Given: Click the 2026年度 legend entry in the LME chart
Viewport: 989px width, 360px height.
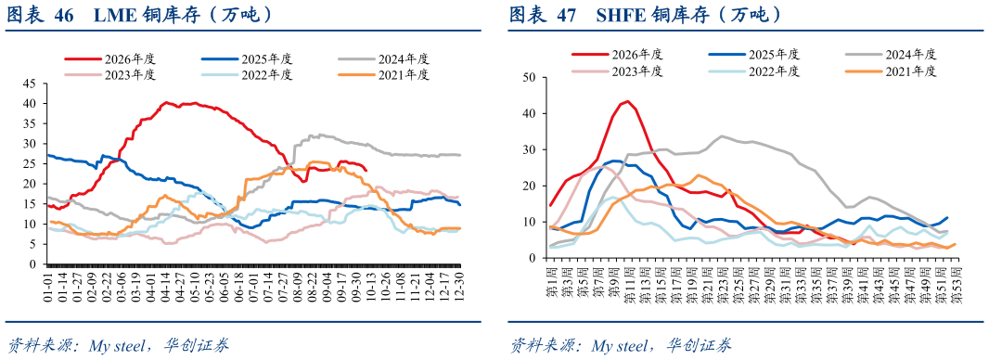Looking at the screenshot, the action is pyautogui.click(x=109, y=59).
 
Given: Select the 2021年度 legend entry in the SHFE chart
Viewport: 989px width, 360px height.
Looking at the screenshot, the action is pyautogui.click(x=892, y=71).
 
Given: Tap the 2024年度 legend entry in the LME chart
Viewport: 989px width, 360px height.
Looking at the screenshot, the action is pyautogui.click(x=384, y=59).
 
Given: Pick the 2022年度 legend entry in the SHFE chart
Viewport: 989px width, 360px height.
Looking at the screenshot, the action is pyautogui.click(x=754, y=71).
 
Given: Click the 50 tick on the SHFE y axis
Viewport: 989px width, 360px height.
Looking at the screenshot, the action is pyautogui.click(x=529, y=78).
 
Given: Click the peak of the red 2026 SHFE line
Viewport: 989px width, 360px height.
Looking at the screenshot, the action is pyautogui.click(x=627, y=101).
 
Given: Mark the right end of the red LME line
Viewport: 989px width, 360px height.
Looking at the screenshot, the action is pyautogui.click(x=367, y=170).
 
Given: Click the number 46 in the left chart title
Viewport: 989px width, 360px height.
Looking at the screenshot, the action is pyautogui.click(x=64, y=15).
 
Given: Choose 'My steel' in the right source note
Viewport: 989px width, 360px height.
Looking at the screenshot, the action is pyautogui.click(x=622, y=345).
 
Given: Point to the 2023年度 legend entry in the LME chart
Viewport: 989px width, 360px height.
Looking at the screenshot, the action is pyautogui.click(x=109, y=75).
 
